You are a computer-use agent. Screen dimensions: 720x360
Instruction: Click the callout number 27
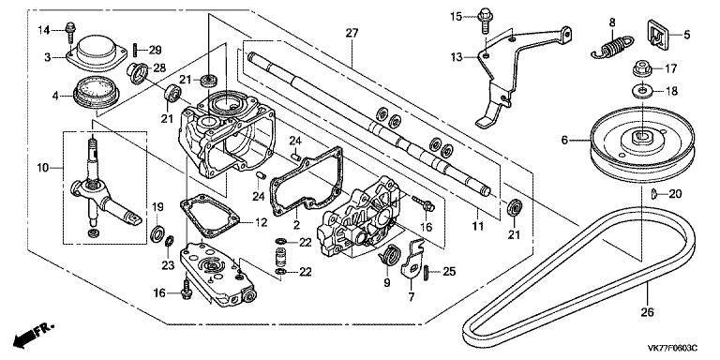click(352, 33)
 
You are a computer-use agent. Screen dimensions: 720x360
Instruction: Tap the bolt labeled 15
click(484, 21)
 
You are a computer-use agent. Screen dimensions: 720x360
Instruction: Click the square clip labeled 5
click(658, 32)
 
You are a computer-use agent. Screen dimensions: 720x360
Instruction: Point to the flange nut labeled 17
click(641, 68)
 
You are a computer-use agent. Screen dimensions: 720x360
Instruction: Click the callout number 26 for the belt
click(647, 312)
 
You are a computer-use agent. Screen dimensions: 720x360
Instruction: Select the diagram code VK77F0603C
click(672, 348)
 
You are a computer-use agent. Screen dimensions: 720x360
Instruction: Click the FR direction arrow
click(33, 335)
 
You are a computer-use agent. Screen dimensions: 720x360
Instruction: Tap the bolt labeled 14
click(70, 31)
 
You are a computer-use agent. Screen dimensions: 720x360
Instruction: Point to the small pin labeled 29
click(134, 49)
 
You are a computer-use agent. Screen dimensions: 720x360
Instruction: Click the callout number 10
click(43, 169)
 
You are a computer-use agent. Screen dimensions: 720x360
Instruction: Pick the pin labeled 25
click(426, 272)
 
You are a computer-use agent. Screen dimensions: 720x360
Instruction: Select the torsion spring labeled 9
click(388, 254)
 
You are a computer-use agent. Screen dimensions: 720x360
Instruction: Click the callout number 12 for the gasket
click(261, 223)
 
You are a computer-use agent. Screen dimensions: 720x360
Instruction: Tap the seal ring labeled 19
click(157, 233)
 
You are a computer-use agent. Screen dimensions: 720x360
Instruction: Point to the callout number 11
click(477, 226)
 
